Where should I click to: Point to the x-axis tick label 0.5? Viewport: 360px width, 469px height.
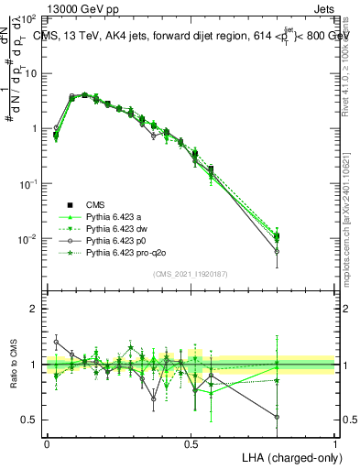coord(191,442)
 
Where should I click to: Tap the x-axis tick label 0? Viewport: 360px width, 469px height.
coord(47,442)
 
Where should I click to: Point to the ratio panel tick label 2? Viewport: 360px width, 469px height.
coord(34,310)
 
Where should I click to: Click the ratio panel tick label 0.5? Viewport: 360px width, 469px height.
coord(29,420)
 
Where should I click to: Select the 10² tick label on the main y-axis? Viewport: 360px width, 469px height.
coord(29,18)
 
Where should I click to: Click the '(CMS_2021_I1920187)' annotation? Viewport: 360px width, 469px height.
coord(191,275)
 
